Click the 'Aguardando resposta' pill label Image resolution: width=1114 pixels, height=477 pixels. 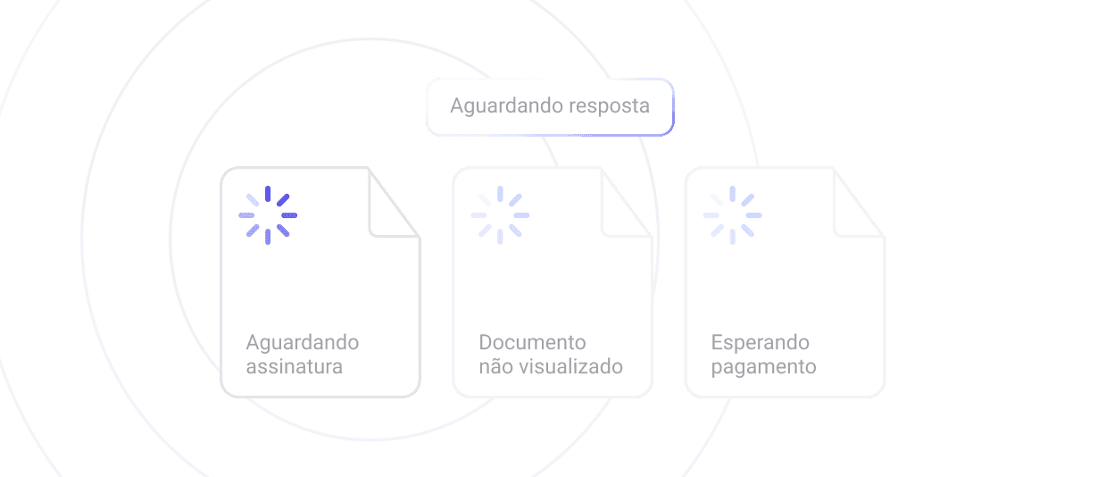(x=549, y=106)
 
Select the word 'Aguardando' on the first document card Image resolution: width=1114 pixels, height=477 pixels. (x=303, y=343)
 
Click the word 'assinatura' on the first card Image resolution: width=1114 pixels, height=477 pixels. (x=294, y=366)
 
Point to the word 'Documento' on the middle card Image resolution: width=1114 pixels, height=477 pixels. (x=532, y=343)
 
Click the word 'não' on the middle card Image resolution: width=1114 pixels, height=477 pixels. (x=495, y=366)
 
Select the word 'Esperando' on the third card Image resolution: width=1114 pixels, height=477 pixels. (x=761, y=343)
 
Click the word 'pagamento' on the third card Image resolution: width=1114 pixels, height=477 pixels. (x=763, y=367)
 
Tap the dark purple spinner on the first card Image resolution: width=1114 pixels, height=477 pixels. (x=268, y=215)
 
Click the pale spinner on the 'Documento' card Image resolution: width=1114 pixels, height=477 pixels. (x=500, y=215)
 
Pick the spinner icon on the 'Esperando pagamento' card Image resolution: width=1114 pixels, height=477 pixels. (x=732, y=215)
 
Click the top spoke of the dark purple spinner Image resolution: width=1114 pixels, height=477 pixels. (x=268, y=194)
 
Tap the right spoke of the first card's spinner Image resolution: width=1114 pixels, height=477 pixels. (x=289, y=215)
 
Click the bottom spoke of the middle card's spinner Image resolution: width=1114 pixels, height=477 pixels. (x=500, y=237)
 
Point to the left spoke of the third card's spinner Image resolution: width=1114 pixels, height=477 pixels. (x=711, y=215)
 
